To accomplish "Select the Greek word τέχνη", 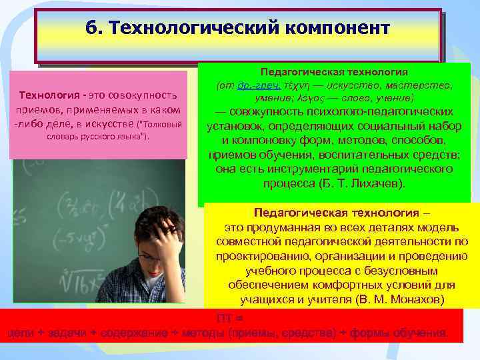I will point(296,86).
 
